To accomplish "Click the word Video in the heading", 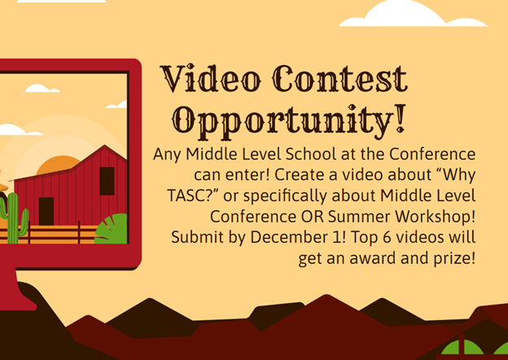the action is point(211,78).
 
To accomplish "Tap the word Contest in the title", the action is point(339,78).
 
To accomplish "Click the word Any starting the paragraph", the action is point(167,155).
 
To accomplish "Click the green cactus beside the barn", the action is point(14,217).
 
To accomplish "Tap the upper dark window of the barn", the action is point(107,181).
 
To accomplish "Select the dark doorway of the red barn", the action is point(46,211).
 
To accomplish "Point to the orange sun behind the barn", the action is point(58,165).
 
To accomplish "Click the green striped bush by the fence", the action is point(112,229).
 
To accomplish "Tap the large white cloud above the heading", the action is point(413,14).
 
